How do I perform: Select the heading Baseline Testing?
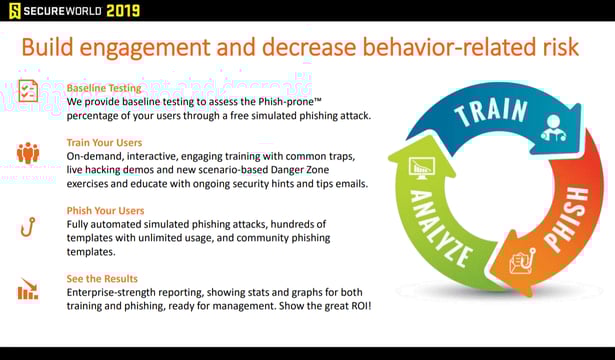point(104,88)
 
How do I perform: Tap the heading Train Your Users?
point(104,143)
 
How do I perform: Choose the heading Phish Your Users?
point(105,211)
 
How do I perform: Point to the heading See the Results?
point(102,278)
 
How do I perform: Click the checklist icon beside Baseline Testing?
point(28,90)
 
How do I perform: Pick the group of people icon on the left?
point(28,153)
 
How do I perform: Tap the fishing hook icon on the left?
point(28,227)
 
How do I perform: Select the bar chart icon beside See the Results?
point(28,291)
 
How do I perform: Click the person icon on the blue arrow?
point(549,128)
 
